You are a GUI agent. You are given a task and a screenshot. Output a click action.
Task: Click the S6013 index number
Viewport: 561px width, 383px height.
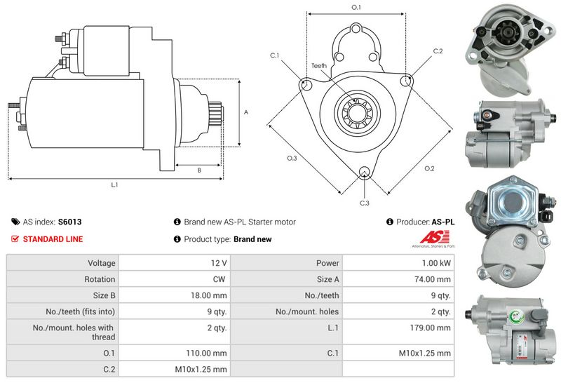pyautogui.click(x=69, y=222)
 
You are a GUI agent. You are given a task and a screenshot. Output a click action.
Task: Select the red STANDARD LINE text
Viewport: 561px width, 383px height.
pyautogui.click(x=53, y=239)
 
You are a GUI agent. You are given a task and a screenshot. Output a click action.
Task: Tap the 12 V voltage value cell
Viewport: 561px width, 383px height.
pyautogui.click(x=219, y=263)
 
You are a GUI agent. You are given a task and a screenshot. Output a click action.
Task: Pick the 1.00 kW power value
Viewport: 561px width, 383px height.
pyautogui.click(x=435, y=263)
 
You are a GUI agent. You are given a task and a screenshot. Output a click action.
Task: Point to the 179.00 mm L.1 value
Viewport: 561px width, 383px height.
pyautogui.click(x=429, y=328)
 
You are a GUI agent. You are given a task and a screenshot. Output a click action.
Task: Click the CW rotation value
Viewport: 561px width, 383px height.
pyautogui.click(x=219, y=279)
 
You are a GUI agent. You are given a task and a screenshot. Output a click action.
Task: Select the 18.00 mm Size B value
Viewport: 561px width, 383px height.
pyautogui.click(x=209, y=295)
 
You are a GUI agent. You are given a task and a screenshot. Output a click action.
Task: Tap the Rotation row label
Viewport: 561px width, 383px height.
pyautogui.click(x=100, y=279)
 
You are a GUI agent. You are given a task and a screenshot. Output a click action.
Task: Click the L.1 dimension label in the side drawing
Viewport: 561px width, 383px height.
pyautogui.click(x=114, y=184)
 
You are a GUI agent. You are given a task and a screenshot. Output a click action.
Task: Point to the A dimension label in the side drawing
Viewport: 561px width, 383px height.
pyautogui.click(x=245, y=112)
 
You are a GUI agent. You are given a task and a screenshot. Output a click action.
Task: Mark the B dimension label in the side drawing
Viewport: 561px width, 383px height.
pyautogui.click(x=199, y=170)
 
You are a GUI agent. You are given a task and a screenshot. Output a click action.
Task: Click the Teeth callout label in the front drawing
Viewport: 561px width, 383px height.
pyautogui.click(x=319, y=65)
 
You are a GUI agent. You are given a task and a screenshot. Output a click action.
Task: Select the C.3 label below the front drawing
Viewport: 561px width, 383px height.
pyautogui.click(x=364, y=203)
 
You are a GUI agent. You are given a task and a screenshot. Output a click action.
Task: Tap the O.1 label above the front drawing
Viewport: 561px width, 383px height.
pyautogui.click(x=356, y=7)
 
